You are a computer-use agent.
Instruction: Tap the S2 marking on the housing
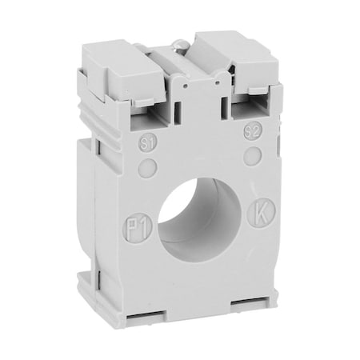click(x=252, y=130)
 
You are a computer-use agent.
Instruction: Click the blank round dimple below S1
click(x=146, y=167)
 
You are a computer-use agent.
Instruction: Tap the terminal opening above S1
click(x=147, y=120)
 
